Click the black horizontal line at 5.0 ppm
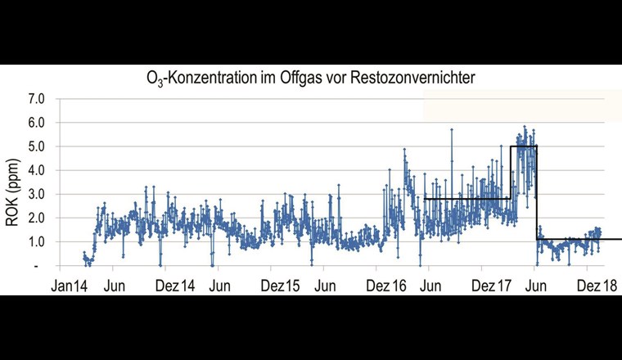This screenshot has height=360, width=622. (524, 146)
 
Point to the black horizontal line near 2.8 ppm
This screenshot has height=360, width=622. (466, 199)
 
